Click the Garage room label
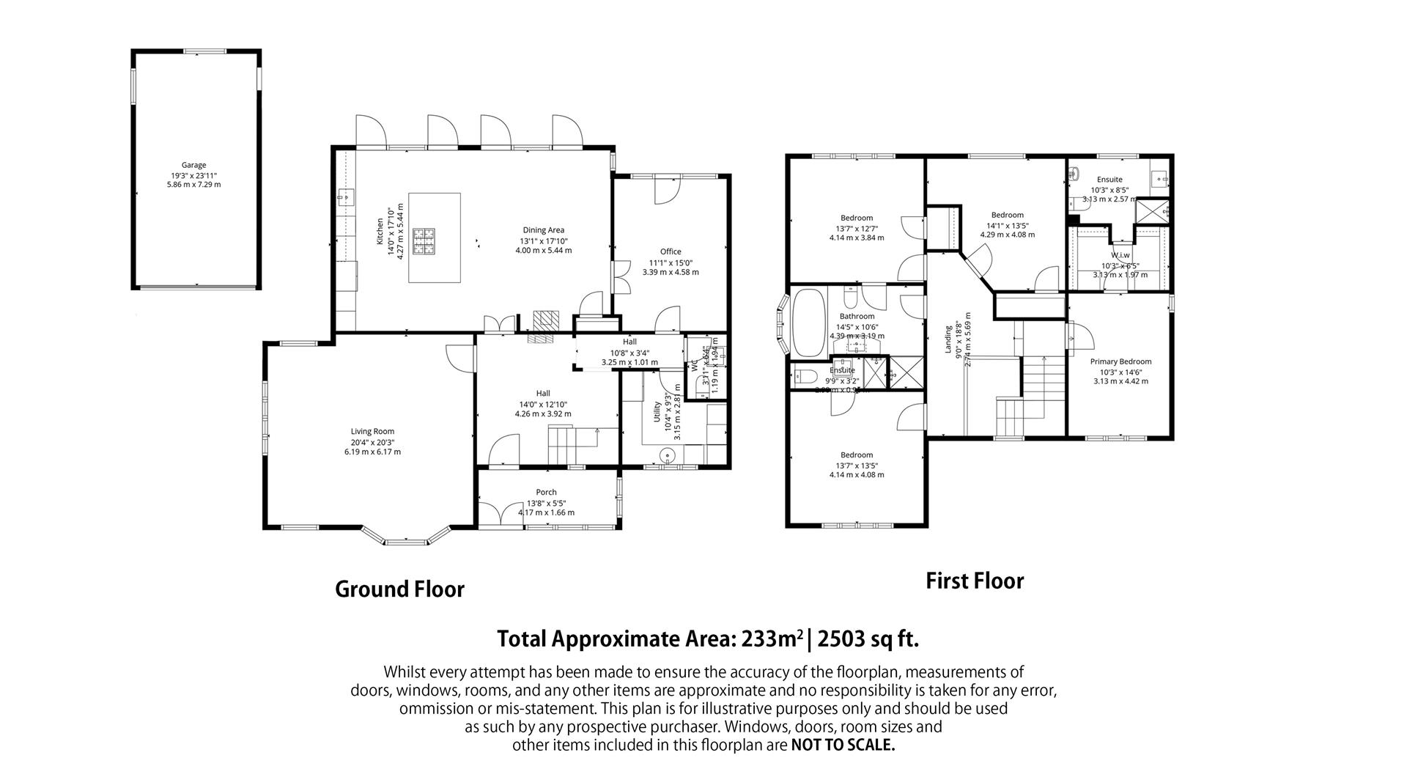(x=193, y=165)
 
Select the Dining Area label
(x=543, y=230)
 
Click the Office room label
(x=670, y=251)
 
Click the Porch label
(x=546, y=492)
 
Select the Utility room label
(x=657, y=411)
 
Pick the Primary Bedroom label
(x=1120, y=361)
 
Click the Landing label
(x=948, y=339)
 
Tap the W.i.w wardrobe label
(x=1120, y=256)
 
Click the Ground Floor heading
(x=399, y=589)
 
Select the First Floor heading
(x=974, y=581)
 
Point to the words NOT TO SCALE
(x=843, y=746)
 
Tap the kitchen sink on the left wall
(x=345, y=197)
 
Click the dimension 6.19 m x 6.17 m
(x=372, y=452)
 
